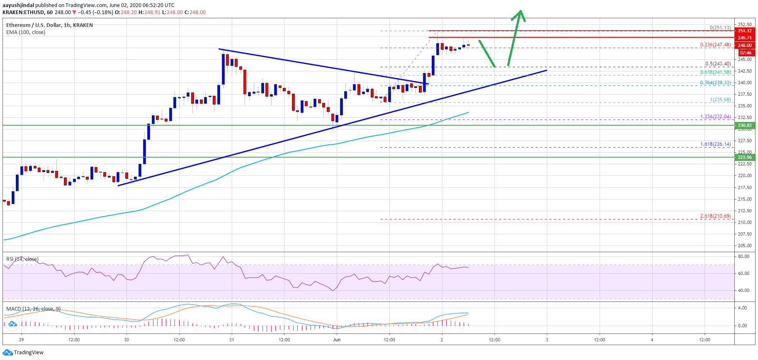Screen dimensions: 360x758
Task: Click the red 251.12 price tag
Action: (744, 31)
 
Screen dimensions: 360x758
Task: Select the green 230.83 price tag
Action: (744, 125)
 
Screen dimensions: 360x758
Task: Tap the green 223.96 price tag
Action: (744, 157)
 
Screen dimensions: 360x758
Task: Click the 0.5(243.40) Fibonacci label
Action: (718, 64)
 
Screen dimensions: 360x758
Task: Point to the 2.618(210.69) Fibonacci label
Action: (715, 216)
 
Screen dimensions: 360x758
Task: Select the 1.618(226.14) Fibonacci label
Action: (715, 144)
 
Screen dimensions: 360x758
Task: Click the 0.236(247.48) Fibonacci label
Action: (715, 45)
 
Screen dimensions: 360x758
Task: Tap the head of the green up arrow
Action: (519, 15)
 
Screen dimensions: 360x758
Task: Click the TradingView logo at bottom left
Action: (23, 353)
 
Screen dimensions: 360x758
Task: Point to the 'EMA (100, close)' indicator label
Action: (26, 32)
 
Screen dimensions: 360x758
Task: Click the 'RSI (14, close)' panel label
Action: (22, 259)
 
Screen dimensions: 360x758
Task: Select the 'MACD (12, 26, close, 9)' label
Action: (33, 309)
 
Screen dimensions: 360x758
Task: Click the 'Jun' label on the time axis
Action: (337, 340)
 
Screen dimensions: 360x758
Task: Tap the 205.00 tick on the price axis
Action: (744, 246)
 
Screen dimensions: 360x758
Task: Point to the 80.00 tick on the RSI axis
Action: (743, 256)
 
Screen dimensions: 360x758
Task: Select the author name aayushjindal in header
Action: (18, 5)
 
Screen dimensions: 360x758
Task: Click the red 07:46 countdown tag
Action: (745, 53)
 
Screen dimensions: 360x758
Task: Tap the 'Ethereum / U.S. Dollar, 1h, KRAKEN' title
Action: (49, 25)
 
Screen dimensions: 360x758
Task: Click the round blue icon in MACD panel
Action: (12, 324)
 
